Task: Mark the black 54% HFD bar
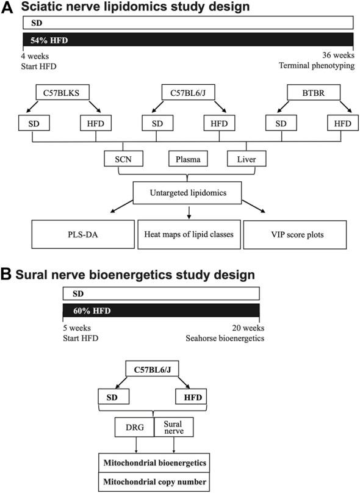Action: [x=189, y=40]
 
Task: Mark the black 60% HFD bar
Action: [x=161, y=311]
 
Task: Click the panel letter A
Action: [x=10, y=9]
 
